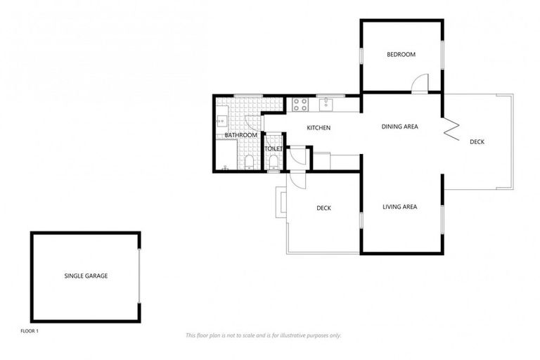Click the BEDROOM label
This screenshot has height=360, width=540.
[401, 55]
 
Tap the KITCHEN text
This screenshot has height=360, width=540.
[319, 128]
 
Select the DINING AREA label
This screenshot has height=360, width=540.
[400, 127]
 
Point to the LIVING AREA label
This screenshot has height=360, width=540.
[400, 207]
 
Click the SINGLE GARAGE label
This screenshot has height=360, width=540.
[86, 276]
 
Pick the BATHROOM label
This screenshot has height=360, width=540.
[241, 135]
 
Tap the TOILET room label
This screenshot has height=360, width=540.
[273, 149]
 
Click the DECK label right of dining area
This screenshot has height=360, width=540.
[477, 142]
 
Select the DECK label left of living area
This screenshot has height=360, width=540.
[323, 208]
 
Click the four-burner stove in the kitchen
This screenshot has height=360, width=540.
[300, 105]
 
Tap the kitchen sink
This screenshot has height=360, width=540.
[327, 105]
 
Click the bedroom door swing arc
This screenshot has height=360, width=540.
[418, 84]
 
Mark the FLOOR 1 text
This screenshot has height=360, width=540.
[30, 330]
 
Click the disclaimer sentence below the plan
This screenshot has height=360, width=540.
[264, 335]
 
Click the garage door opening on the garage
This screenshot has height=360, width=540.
[139, 276]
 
